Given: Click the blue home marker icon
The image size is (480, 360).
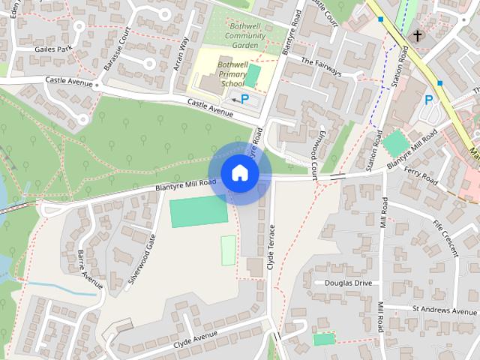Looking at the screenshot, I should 239,173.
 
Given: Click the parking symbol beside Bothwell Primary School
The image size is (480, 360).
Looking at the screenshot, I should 244,98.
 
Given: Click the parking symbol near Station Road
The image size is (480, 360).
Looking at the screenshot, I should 429,99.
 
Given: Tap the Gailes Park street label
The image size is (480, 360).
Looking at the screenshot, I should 52,49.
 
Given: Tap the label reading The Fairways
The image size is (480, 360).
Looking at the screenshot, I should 321,67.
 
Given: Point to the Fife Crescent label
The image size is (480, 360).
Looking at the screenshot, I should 445,238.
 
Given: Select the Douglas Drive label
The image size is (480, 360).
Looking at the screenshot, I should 348,283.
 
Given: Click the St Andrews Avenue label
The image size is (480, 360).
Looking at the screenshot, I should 444,310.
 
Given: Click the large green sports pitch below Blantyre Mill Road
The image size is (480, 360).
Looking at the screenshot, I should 199,211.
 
